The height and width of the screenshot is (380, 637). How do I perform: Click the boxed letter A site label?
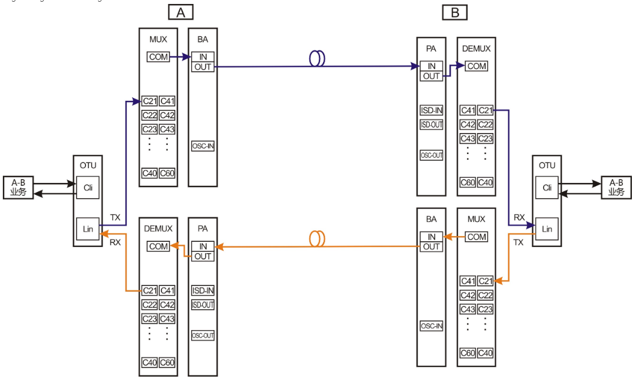point(181,12)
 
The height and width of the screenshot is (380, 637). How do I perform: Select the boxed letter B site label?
point(455,12)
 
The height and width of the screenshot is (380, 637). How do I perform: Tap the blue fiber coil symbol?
point(317,58)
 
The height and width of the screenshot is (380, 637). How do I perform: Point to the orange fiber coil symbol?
point(317,238)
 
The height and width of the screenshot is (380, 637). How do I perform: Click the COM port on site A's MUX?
point(159,57)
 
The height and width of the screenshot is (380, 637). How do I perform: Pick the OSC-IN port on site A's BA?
point(203,146)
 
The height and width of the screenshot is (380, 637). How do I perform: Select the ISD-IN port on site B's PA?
point(431,110)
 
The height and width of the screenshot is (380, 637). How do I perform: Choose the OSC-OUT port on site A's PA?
point(203,335)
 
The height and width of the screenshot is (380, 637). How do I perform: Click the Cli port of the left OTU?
point(88,187)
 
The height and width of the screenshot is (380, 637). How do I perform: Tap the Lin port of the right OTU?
point(547,229)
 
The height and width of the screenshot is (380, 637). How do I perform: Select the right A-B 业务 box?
point(616,187)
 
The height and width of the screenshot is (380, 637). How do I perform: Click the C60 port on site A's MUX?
point(167,173)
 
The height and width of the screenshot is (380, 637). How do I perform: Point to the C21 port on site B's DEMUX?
point(485,110)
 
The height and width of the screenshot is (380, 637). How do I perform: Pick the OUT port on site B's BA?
point(431,247)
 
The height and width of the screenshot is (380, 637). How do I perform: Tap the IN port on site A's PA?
point(203,246)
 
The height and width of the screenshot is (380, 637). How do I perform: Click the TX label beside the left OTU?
point(115,217)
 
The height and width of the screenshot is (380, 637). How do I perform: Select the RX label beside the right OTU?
point(519,217)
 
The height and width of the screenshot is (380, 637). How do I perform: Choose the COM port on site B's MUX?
point(476,237)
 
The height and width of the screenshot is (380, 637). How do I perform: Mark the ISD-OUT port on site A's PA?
point(203,305)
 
